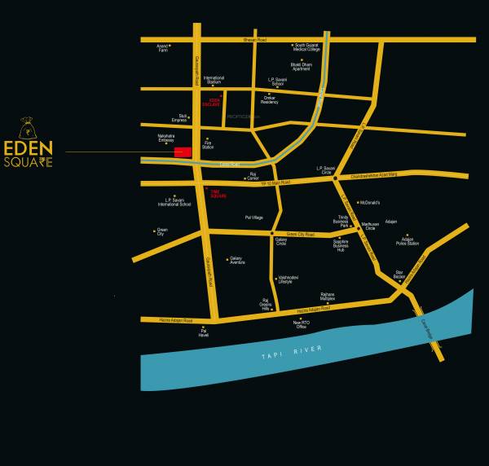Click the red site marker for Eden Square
tap(183, 152)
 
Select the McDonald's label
tap(370, 202)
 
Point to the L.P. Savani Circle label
tap(326, 170)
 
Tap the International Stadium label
tap(214, 80)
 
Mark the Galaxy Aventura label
tap(237, 261)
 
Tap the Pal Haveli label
tap(204, 333)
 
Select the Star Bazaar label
tap(399, 274)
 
